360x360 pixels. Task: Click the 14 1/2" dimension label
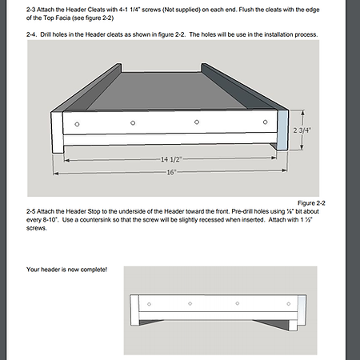click(171, 159)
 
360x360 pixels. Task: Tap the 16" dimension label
click(171, 172)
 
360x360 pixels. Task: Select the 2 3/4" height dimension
click(302, 130)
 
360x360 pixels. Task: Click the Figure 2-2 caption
click(311, 203)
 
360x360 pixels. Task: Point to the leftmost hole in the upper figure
click(77, 124)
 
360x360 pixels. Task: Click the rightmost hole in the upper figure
click(265, 122)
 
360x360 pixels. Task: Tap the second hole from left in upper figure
click(133, 123)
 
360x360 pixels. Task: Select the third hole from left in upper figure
click(197, 122)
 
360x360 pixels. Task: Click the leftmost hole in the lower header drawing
click(149, 304)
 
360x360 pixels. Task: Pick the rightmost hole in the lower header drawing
click(289, 304)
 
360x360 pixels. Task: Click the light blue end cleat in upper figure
click(282, 130)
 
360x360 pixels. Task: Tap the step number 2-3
click(30, 10)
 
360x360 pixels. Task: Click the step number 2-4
click(31, 34)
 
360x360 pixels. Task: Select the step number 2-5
click(30, 211)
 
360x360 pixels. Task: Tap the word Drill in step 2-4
click(46, 34)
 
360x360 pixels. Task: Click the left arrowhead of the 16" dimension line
click(55, 174)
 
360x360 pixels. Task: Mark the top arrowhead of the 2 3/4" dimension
click(302, 113)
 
